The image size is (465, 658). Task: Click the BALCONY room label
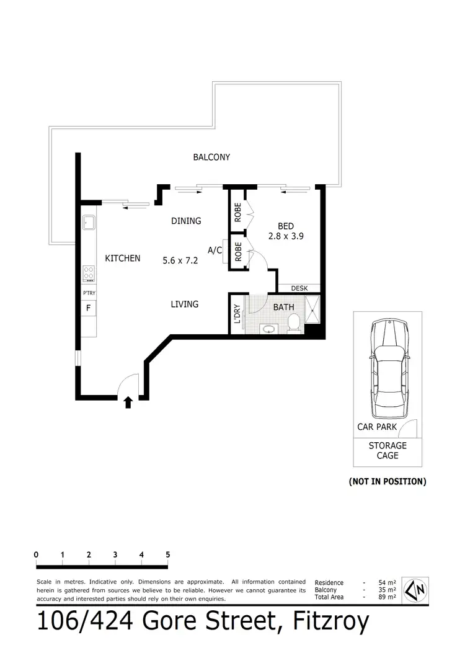[211, 158]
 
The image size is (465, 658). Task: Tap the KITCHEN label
[122, 259]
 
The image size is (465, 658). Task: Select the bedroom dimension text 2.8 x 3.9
[285, 236]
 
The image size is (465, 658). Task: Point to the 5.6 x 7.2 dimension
[180, 261]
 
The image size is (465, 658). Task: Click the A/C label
[215, 251]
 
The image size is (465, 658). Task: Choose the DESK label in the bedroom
[299, 288]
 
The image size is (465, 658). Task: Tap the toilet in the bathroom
[294, 322]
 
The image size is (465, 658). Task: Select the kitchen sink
[88, 222]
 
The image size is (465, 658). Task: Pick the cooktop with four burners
[89, 272]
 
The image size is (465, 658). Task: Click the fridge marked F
[88, 308]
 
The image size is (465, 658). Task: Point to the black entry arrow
[128, 403]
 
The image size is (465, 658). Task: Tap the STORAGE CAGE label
[387, 450]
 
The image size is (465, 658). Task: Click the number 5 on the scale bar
[168, 555]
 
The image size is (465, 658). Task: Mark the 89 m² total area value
[387, 597]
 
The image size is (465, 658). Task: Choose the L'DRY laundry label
[236, 314]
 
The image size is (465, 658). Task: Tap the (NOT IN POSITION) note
[387, 481]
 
